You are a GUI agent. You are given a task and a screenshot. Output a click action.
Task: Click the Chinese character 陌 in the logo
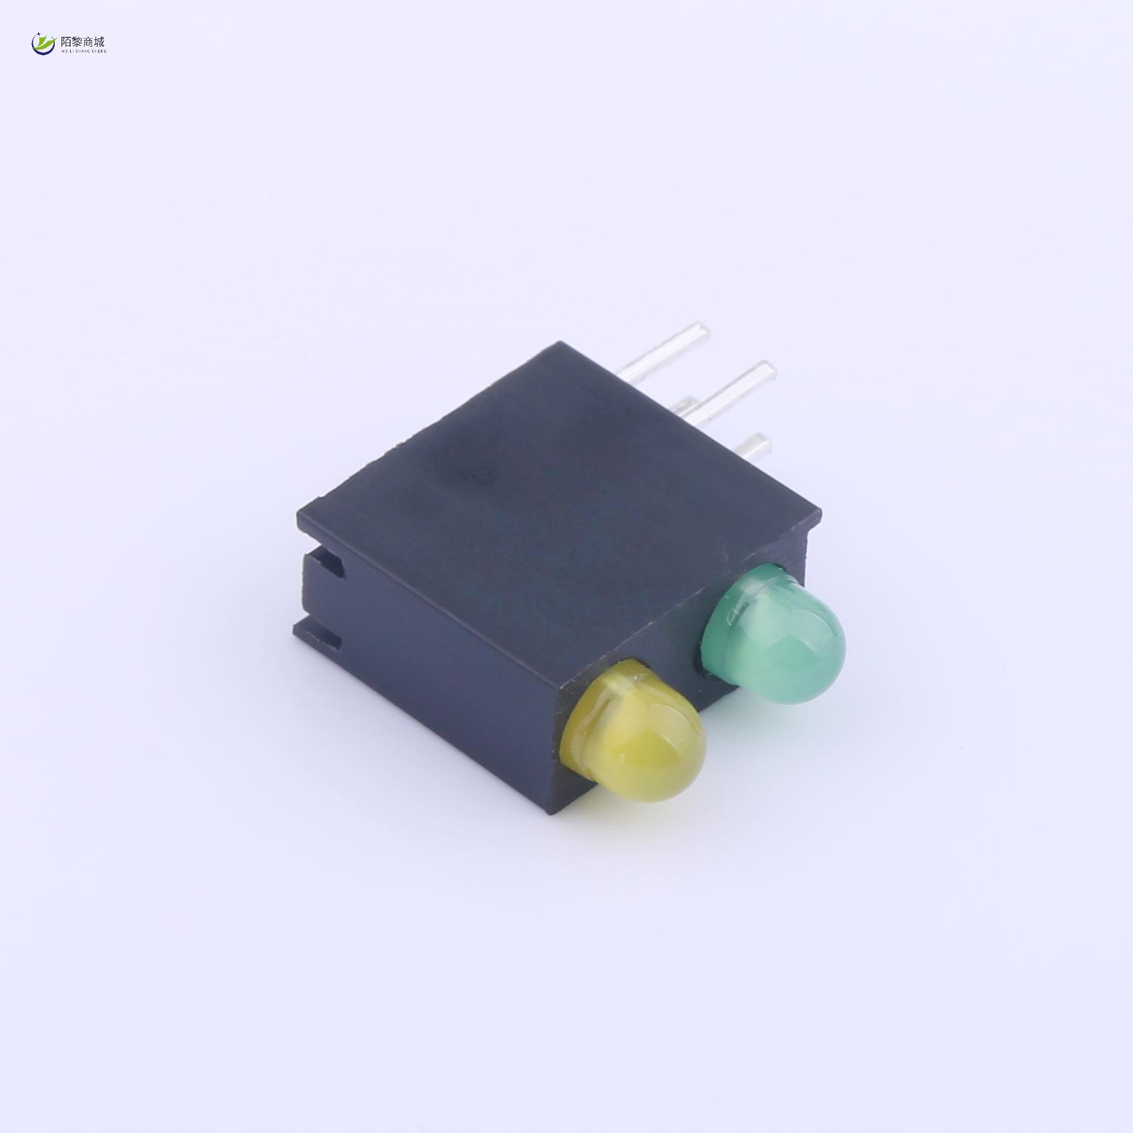point(66,41)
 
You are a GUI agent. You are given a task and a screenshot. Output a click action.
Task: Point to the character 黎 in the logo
point(77,41)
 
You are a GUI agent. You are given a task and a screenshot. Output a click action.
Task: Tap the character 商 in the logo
point(88,41)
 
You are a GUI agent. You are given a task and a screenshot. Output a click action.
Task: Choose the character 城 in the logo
point(99,41)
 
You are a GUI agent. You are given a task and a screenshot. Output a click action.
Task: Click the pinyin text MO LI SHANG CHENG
point(83,51)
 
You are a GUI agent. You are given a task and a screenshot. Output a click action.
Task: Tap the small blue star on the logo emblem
point(39,34)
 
